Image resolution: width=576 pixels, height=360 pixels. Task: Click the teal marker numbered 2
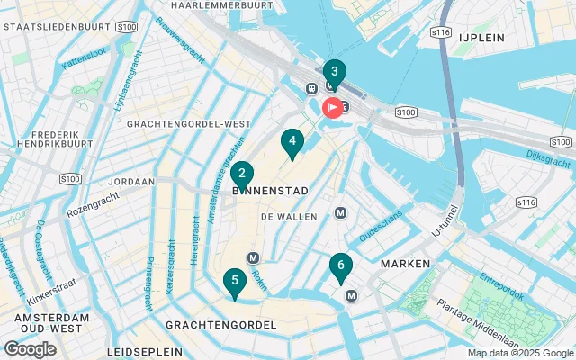click(x=241, y=174)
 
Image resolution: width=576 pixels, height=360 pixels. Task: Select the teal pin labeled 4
click(x=292, y=141)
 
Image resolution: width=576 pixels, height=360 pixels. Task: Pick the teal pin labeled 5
click(x=234, y=282)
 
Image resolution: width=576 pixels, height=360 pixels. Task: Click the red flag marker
click(x=332, y=109)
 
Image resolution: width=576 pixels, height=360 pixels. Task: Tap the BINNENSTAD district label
click(x=270, y=191)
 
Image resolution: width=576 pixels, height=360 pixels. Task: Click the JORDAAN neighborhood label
click(x=130, y=182)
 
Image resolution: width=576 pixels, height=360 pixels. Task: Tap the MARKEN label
click(x=405, y=264)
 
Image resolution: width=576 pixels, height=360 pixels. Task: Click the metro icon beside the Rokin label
click(x=253, y=258)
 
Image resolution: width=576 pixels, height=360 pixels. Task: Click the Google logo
click(x=30, y=349)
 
